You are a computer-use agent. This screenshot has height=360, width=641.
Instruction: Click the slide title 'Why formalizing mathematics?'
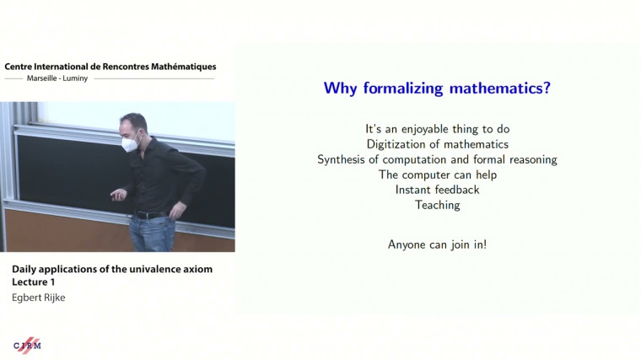pyautogui.click(x=437, y=89)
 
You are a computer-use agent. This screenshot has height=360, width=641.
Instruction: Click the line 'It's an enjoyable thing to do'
pyautogui.click(x=437, y=129)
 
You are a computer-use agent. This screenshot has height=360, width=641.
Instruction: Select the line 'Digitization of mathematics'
pyautogui.click(x=437, y=144)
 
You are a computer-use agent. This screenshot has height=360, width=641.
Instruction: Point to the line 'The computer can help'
pyautogui.click(x=437, y=175)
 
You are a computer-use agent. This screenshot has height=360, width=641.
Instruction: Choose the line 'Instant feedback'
pyautogui.click(x=437, y=190)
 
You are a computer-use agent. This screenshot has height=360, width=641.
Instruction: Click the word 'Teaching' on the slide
pyautogui.click(x=437, y=205)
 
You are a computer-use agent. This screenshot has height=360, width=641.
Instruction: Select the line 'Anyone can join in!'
pyautogui.click(x=437, y=244)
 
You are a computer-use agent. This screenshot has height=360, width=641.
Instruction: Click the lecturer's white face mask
pyautogui.click(x=132, y=144)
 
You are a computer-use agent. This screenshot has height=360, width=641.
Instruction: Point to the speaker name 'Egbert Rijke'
pyautogui.click(x=40, y=296)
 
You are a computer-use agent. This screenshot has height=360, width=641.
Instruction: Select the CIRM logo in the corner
pyautogui.click(x=27, y=344)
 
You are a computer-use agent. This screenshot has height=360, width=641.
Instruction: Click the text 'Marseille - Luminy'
pyautogui.click(x=58, y=78)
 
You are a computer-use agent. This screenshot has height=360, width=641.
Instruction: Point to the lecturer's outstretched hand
pyautogui.click(x=117, y=194)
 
